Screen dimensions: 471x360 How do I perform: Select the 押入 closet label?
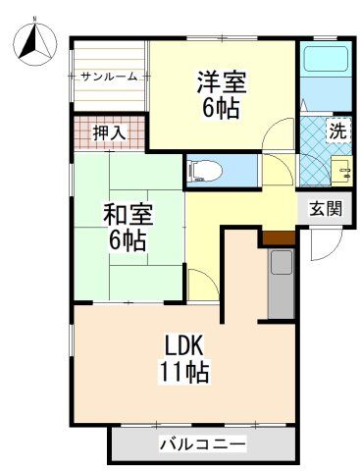(107, 131)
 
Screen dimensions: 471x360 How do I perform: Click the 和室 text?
(128, 215)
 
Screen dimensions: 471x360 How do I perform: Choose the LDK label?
(184, 346)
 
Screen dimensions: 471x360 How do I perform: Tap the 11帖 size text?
(184, 373)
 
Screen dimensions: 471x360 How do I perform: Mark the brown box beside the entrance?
(278, 237)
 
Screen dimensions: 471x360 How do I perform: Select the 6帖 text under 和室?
(128, 240)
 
